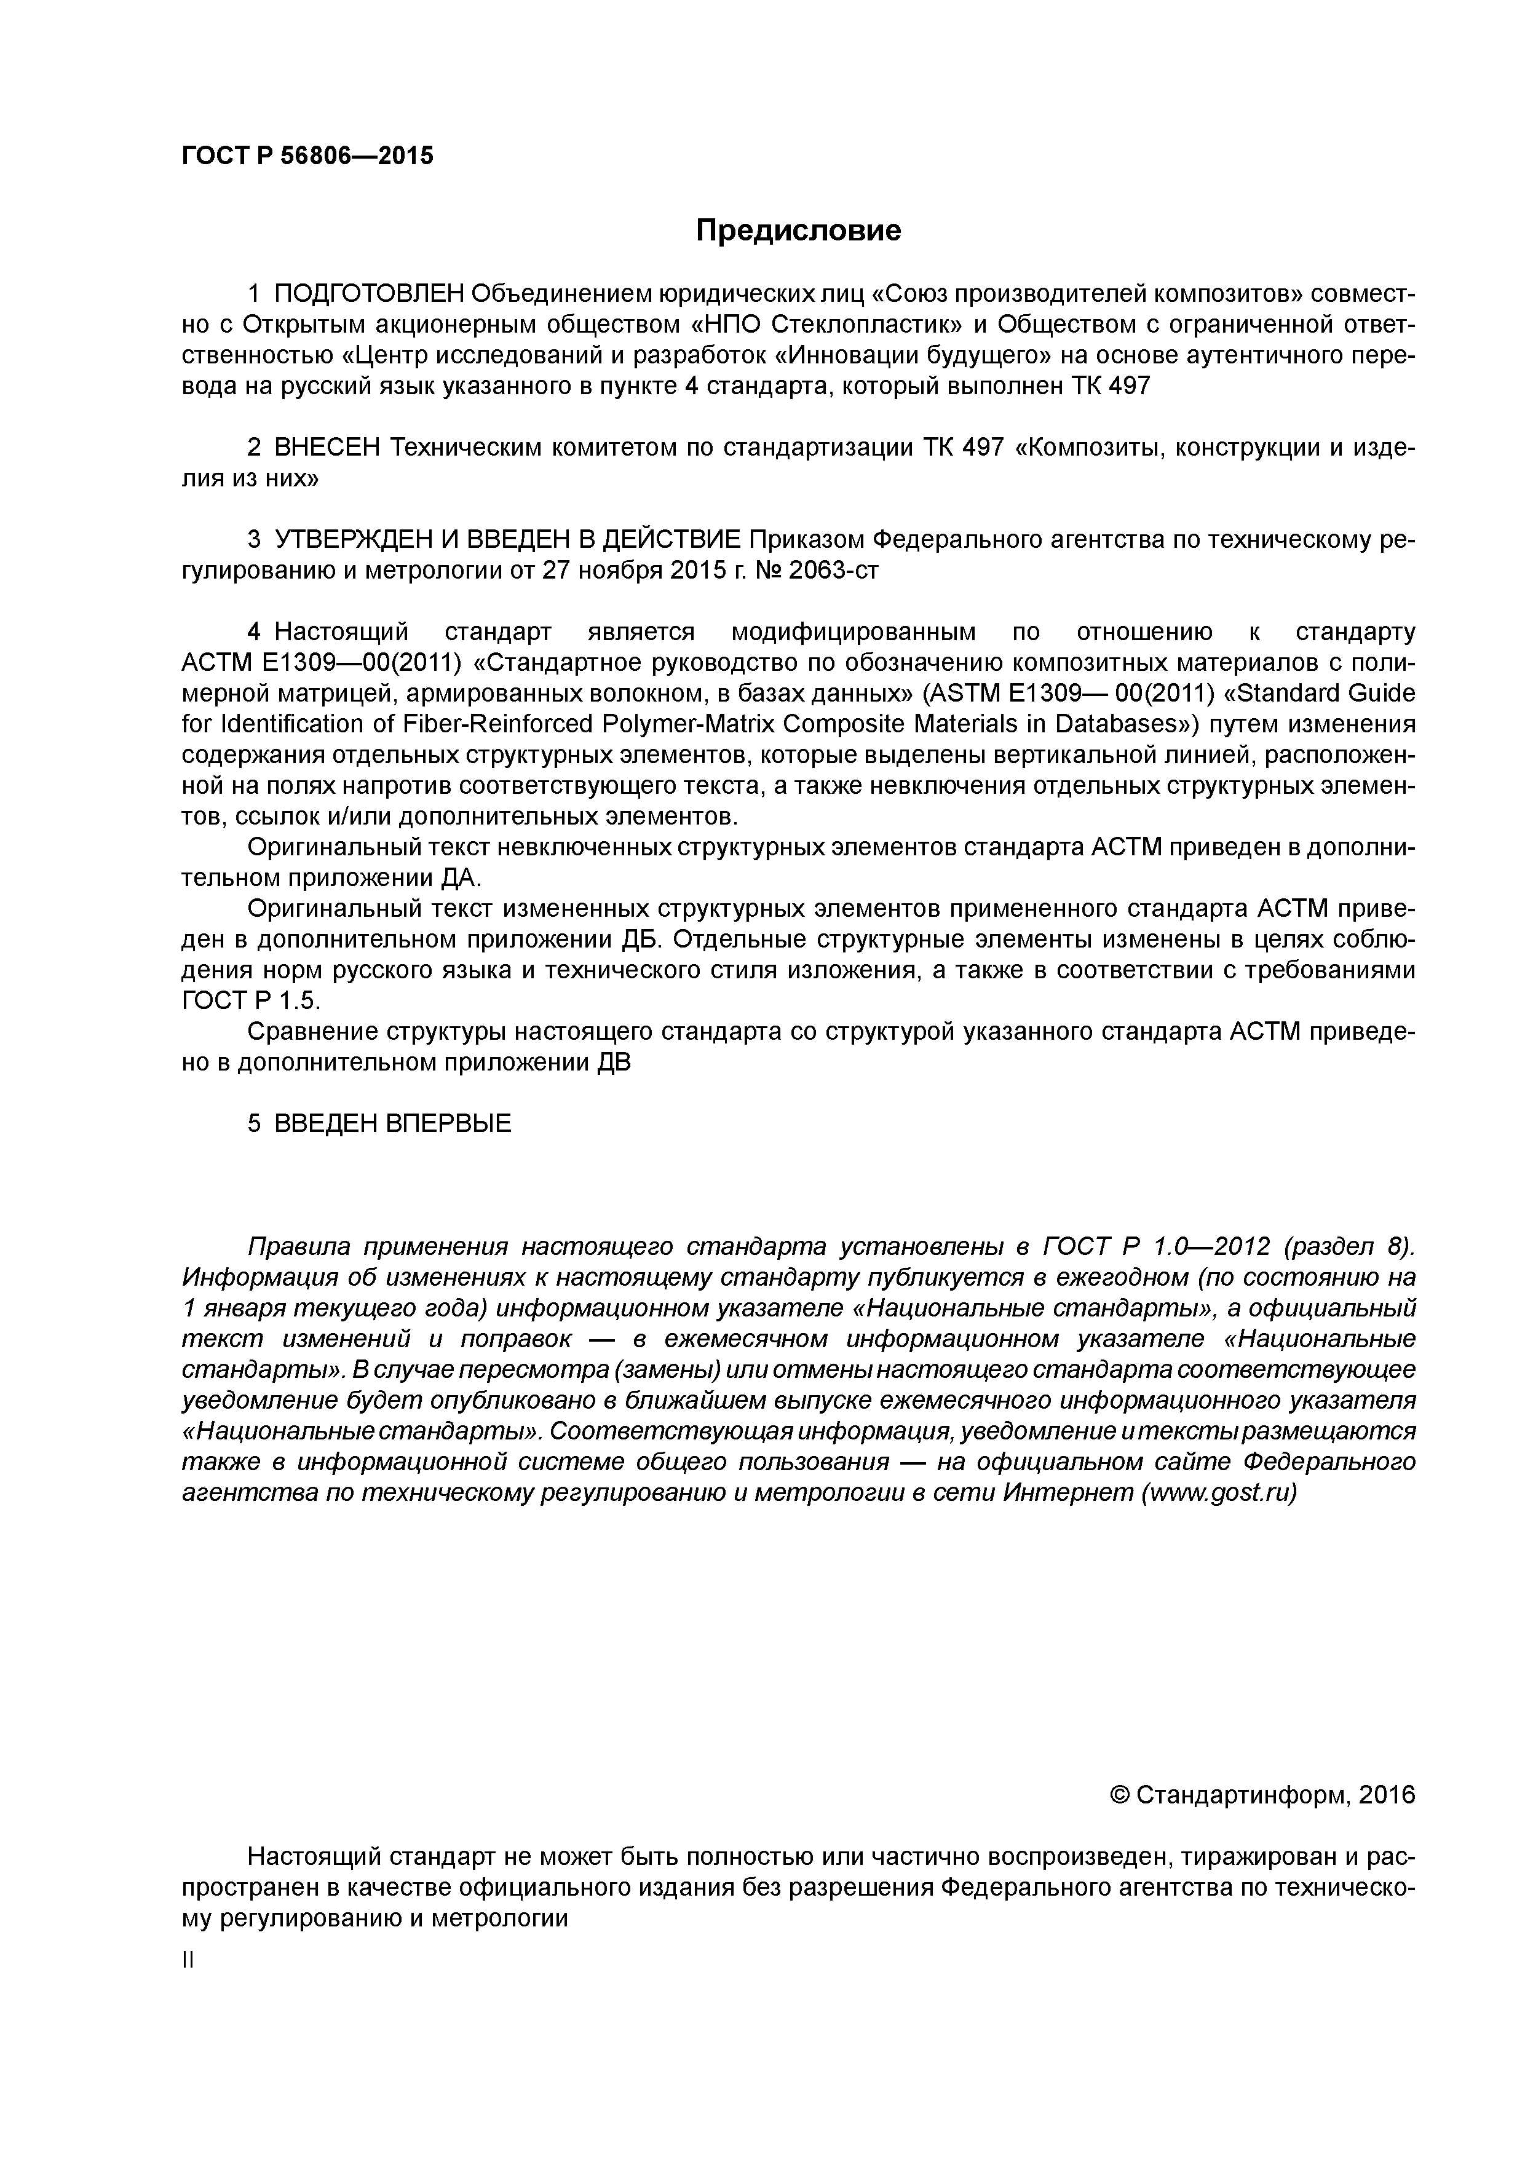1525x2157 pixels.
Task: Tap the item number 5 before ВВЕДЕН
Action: pos(254,1123)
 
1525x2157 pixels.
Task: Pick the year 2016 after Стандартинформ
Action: pos(1386,1795)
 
